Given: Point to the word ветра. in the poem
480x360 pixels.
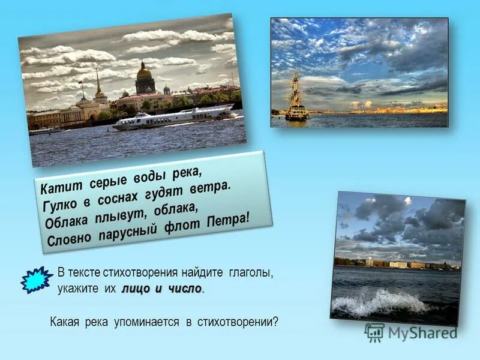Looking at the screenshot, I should click(211, 188).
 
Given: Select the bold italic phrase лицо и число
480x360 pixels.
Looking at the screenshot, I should click(161, 289).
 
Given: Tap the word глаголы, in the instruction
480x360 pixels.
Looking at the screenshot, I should click(250, 273).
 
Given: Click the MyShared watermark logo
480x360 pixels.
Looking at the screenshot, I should click(411, 332).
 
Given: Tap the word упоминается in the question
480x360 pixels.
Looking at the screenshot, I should click(149, 322).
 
